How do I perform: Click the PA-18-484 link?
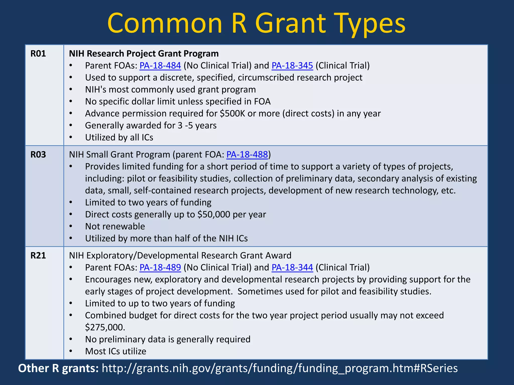[x=160, y=66]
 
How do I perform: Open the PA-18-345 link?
[x=292, y=66]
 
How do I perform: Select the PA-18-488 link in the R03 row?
[x=247, y=155]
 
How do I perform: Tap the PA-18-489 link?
[x=160, y=267]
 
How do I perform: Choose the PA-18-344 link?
[x=292, y=267]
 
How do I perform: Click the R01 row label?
[x=38, y=54]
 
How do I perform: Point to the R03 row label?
[x=38, y=155]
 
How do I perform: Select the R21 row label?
[x=38, y=256]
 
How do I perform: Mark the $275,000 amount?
[x=105, y=327]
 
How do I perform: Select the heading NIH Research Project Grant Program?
[x=144, y=54]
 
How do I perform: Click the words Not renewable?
[x=115, y=227]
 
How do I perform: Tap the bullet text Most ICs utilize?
[x=115, y=351]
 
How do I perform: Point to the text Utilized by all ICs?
[x=119, y=138]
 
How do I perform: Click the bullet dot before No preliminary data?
[x=71, y=339]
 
